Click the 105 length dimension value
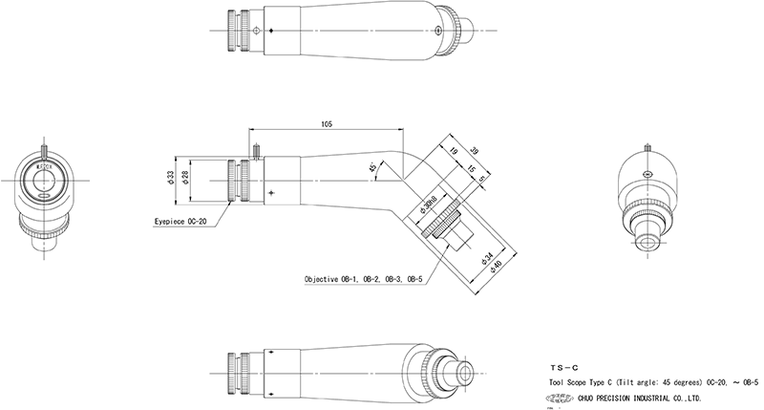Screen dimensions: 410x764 (x=328, y=124)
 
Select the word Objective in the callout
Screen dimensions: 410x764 (x=326, y=280)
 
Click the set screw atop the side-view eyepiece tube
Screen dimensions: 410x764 (x=258, y=149)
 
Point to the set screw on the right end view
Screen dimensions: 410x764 (x=648, y=146)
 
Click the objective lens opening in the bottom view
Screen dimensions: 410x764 (x=466, y=369)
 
